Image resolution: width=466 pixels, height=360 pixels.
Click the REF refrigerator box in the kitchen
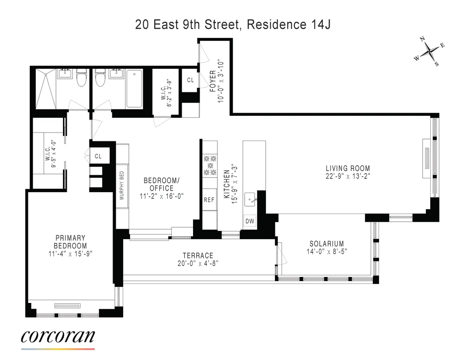209,200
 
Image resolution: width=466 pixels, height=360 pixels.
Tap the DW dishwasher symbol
250,221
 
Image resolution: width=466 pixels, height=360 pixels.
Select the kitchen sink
250,200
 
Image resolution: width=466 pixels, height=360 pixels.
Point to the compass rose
429,51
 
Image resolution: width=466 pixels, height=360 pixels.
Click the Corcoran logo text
58,336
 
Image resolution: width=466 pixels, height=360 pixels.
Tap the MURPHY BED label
122,186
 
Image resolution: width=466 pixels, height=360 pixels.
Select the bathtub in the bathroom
134,88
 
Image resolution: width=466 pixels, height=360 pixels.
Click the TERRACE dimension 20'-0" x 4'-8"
198,263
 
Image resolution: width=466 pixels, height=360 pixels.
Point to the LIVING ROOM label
348,168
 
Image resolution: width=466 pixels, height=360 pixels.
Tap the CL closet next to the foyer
190,80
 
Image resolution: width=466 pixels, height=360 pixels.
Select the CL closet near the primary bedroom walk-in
98,156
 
